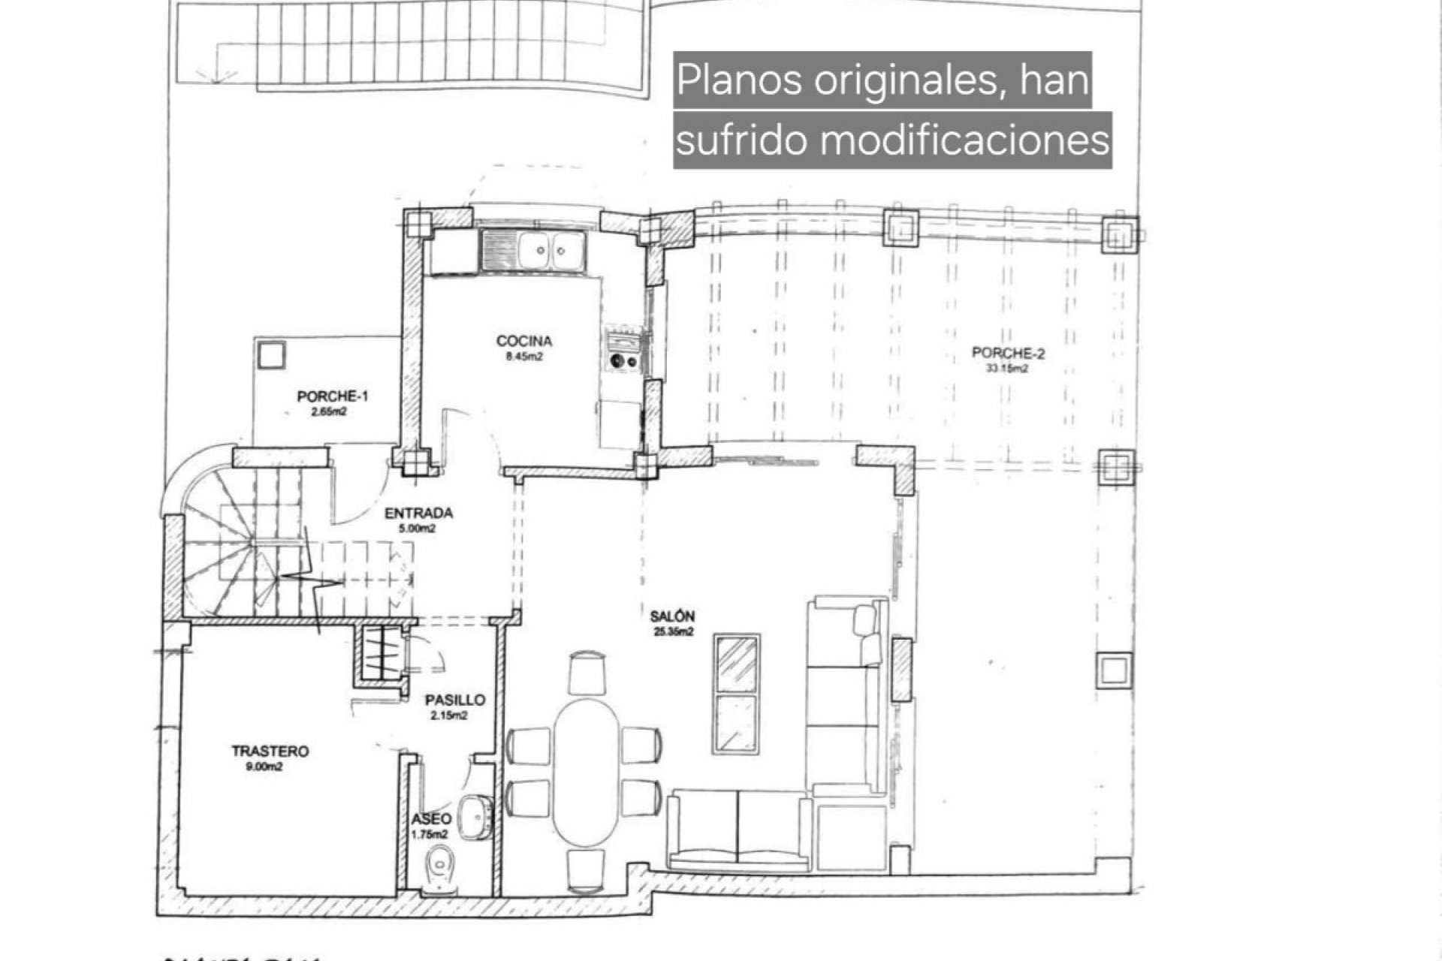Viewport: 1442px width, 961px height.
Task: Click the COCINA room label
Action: [x=523, y=341]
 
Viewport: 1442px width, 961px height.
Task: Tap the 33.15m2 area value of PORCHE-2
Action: [x=1007, y=369]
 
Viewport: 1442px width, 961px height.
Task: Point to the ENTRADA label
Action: [x=418, y=514]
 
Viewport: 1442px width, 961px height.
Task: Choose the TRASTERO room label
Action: [x=270, y=751]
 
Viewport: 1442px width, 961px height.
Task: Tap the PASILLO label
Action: [x=454, y=700]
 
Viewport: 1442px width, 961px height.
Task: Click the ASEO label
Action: [x=431, y=819]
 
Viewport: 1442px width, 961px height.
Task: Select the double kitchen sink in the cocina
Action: [x=534, y=250]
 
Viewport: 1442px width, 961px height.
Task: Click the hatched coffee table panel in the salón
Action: [x=737, y=664]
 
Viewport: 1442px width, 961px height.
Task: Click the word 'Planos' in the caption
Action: [x=739, y=80]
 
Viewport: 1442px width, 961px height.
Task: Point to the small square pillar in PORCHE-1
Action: [x=270, y=354]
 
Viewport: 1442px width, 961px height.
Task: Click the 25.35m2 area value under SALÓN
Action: [x=672, y=632]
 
